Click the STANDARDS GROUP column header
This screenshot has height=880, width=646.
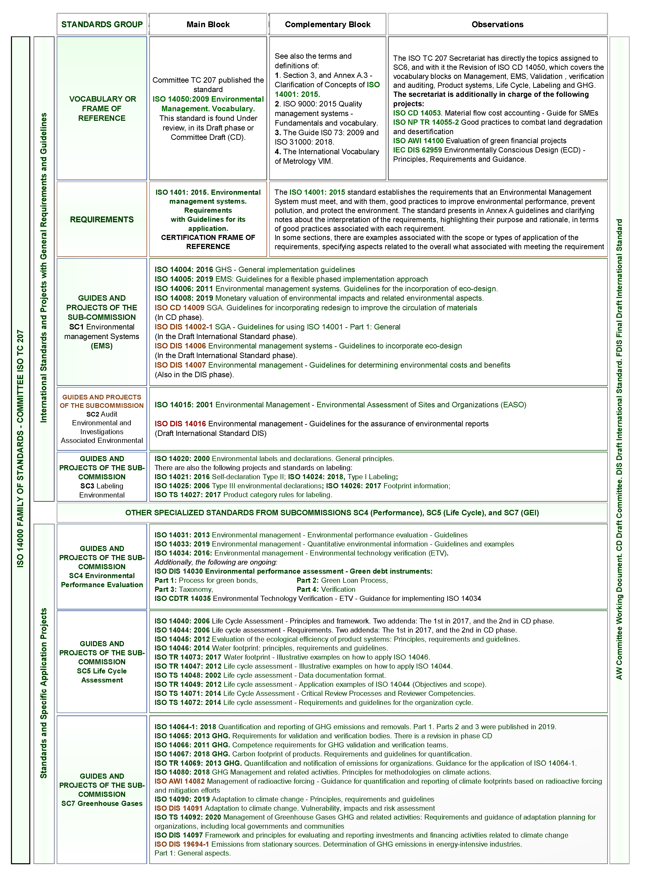click(102, 24)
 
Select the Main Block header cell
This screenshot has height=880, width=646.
click(208, 24)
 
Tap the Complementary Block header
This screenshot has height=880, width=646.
click(328, 24)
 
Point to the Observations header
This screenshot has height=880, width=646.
click(497, 24)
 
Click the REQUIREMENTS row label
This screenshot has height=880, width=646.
click(102, 219)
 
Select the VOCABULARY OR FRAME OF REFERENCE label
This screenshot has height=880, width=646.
click(102, 108)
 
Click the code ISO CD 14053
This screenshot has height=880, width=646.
click(417, 113)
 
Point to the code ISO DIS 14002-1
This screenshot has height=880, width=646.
click(183, 327)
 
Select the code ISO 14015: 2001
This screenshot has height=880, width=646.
click(184, 405)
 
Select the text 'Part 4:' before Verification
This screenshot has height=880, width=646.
click(307, 589)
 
